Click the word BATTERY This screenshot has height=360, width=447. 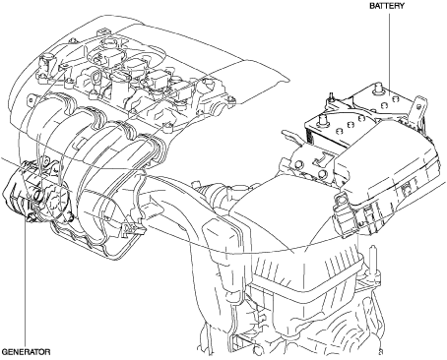387,6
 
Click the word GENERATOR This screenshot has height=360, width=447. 26,352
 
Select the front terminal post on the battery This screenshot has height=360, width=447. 323,120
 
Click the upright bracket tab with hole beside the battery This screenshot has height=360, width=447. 418,110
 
